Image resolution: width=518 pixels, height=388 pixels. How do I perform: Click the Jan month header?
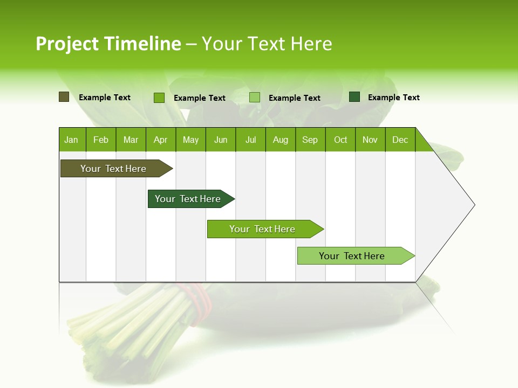coord(71,140)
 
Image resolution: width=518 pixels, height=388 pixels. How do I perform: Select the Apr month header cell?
coord(160,140)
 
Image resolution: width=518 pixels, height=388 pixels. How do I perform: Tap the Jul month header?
coord(250,140)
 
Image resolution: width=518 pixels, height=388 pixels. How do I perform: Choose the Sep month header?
coord(310,140)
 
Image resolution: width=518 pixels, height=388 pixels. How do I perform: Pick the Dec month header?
coord(400,140)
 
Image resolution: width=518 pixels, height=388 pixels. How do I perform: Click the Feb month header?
coord(101,140)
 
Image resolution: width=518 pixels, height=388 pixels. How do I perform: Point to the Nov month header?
coord(370,140)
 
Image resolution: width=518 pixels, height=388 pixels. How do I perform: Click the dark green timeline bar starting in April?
coord(189,199)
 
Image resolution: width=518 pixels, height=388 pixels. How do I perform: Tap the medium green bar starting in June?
coord(263,229)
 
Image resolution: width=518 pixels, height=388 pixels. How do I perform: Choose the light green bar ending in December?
coord(353,256)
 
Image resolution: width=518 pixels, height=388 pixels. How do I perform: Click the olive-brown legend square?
coord(64,97)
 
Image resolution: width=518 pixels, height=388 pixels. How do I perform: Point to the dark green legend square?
coord(355,97)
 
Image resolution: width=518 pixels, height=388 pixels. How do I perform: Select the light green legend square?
coord(255,98)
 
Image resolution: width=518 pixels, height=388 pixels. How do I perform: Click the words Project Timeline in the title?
coord(108,44)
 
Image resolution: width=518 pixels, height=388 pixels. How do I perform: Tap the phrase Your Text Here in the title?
coord(267,44)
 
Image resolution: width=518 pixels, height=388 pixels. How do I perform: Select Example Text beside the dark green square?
coord(393,98)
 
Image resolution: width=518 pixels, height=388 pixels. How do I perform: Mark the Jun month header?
coord(221,140)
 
